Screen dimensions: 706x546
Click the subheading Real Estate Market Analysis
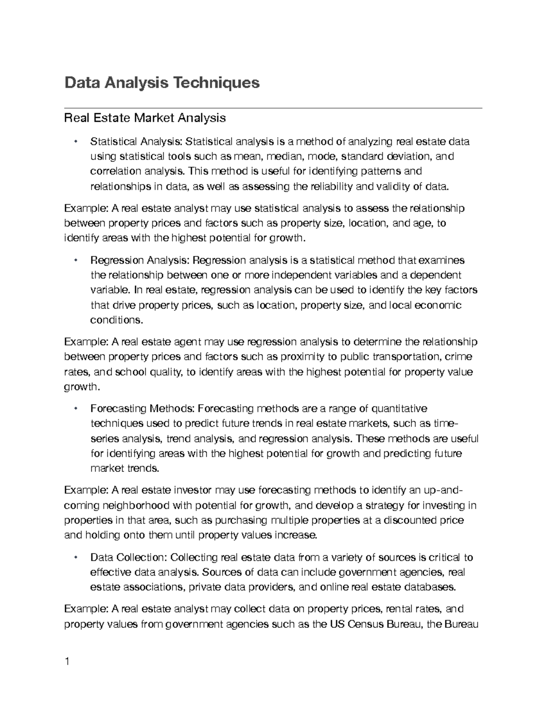click(x=145, y=118)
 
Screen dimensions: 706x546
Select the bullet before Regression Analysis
click(x=76, y=260)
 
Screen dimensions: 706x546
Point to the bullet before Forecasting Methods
click(x=76, y=408)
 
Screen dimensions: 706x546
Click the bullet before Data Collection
click(x=76, y=557)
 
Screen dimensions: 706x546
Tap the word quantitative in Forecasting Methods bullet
click(x=399, y=409)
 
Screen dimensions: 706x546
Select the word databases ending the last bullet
click(x=431, y=587)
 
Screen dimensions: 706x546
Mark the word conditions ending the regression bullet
click(x=116, y=320)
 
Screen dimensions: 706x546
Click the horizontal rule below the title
click(x=273, y=108)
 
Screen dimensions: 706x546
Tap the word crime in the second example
click(x=458, y=357)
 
